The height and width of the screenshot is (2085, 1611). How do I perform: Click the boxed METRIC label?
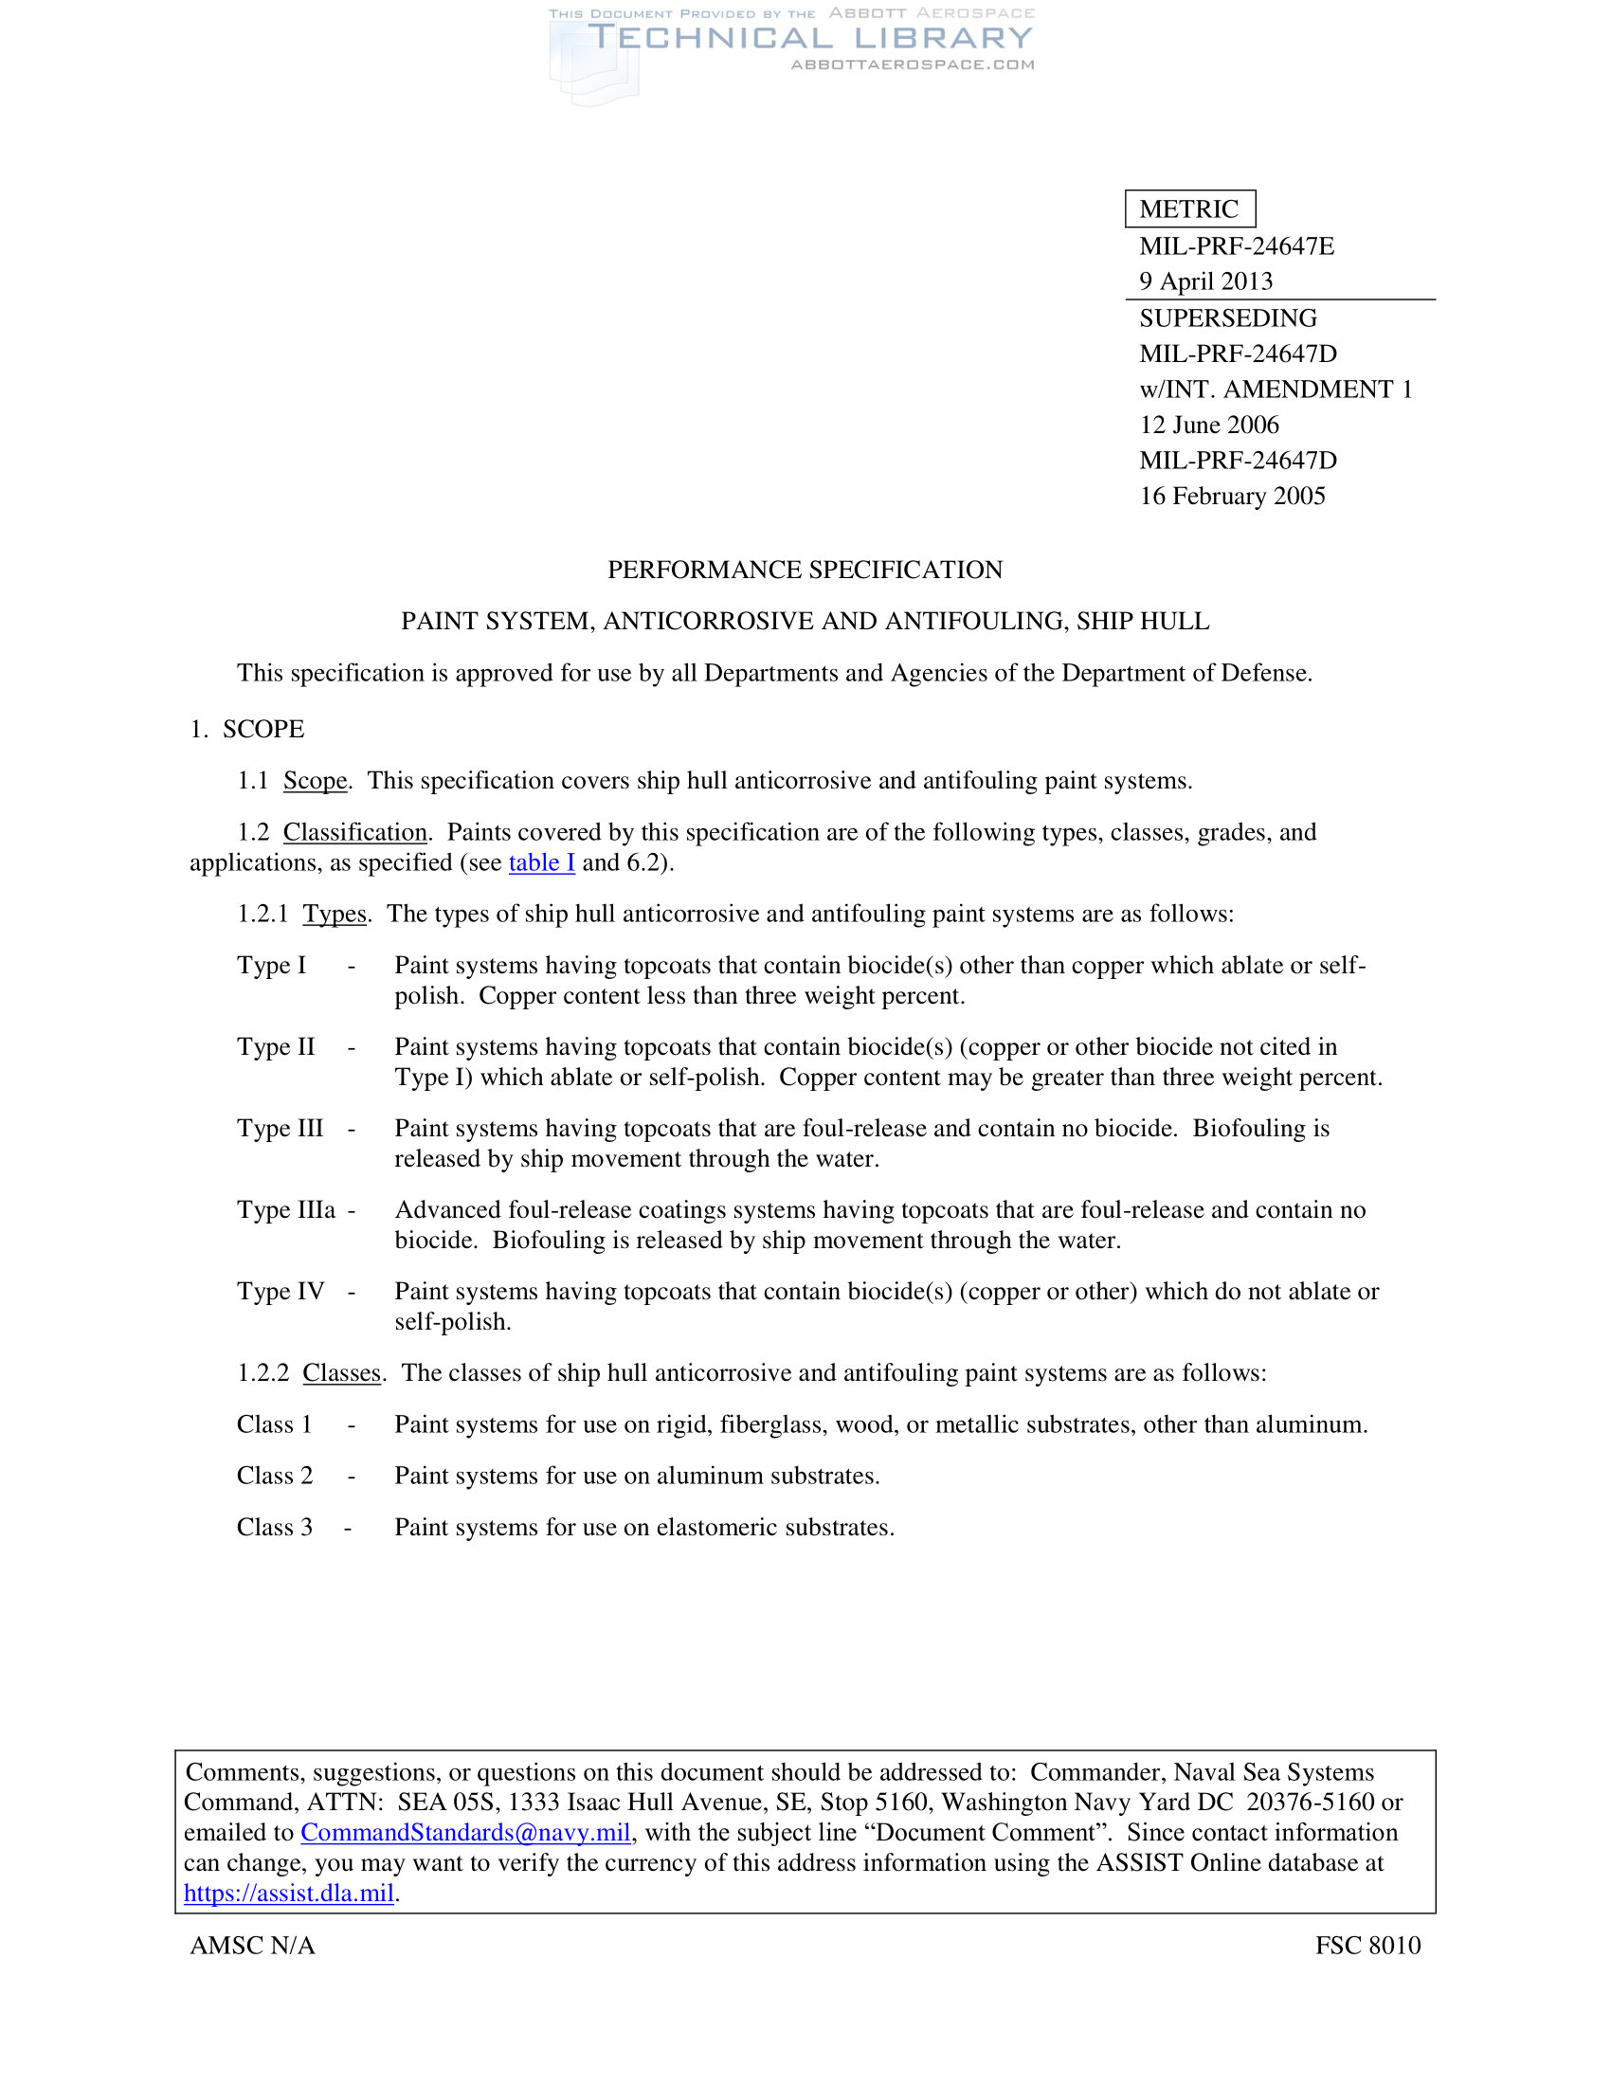coord(1189,209)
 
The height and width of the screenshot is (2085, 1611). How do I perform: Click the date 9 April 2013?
coord(1205,281)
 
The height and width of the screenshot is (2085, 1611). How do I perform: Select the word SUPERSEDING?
coord(1227,317)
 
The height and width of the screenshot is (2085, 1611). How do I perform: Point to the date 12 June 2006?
coord(1208,425)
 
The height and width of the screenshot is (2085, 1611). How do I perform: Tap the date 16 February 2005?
coord(1231,497)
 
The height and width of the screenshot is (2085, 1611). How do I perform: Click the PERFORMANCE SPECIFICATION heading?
coord(805,570)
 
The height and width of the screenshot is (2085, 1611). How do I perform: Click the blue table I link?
coord(541,863)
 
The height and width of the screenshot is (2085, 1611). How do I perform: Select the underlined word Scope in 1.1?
coord(315,781)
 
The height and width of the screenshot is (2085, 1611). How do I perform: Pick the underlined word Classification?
coord(355,832)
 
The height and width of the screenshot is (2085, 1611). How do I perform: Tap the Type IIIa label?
coord(286,1210)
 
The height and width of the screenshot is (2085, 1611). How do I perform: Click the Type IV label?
coord(281,1292)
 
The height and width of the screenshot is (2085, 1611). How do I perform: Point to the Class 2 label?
coord(275,1476)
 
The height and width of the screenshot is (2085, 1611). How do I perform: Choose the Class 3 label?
coord(275,1528)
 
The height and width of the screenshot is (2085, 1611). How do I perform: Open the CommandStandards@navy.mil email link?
coord(464,1833)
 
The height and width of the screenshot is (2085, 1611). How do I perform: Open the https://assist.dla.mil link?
coord(288,1894)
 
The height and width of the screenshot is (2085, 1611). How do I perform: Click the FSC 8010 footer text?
coord(1367,1946)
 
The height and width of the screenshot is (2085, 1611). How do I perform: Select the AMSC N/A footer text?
coord(252,1946)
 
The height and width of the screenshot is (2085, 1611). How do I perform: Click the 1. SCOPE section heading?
coord(247,730)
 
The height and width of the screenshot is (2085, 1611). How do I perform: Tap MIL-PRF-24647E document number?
coord(1236,246)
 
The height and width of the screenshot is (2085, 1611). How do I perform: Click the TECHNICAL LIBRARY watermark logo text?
coord(809,38)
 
